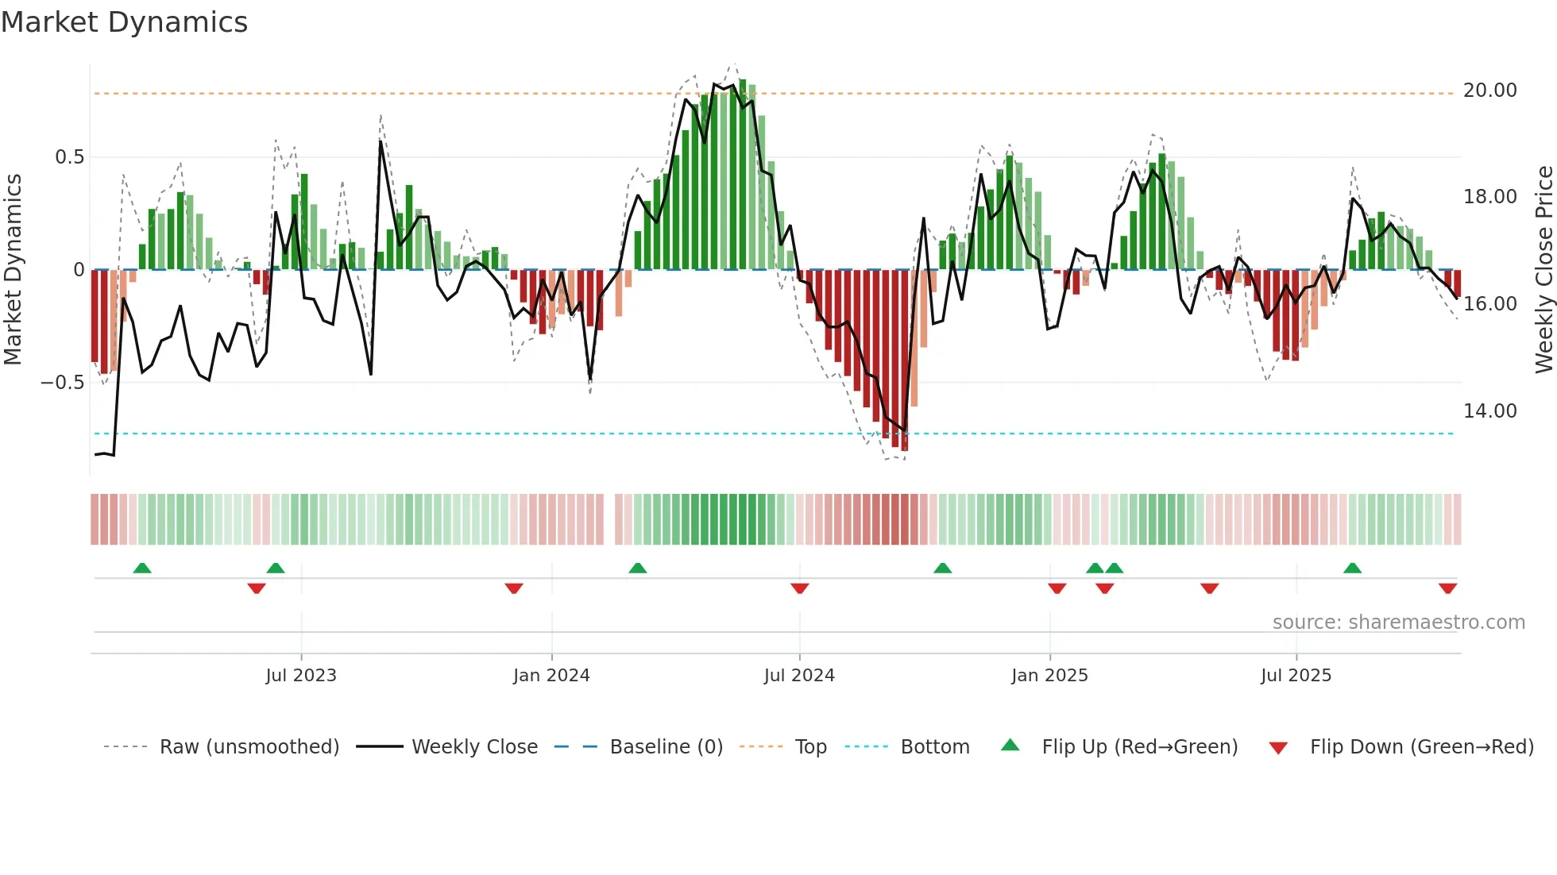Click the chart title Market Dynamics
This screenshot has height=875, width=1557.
pyautogui.click(x=125, y=22)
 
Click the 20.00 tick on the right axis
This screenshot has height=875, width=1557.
pyautogui.click(x=1489, y=91)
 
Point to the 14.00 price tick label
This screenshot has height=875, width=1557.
pyautogui.click(x=1489, y=411)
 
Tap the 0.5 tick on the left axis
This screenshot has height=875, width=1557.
pyautogui.click(x=69, y=157)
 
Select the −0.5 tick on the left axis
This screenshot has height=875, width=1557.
pyautogui.click(x=63, y=383)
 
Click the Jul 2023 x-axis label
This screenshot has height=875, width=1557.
pyautogui.click(x=301, y=676)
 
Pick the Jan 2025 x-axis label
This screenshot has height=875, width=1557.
pyautogui.click(x=1049, y=676)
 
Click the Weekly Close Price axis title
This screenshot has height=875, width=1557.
pyautogui.click(x=1543, y=270)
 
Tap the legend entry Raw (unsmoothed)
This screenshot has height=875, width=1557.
pyautogui.click(x=249, y=747)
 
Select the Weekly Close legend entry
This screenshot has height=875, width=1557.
pyautogui.click(x=474, y=747)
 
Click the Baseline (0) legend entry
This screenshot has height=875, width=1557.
pyautogui.click(x=666, y=747)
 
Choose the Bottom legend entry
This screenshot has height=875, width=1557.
pyautogui.click(x=934, y=747)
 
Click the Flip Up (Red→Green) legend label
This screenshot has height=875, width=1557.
pyautogui.click(x=1139, y=747)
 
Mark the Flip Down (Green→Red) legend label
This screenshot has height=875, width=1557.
pyautogui.click(x=1421, y=747)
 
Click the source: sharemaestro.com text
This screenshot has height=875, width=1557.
pyautogui.click(x=1398, y=623)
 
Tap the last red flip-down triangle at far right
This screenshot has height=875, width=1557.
pyautogui.click(x=1447, y=588)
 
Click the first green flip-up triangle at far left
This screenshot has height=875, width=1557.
pyautogui.click(x=142, y=568)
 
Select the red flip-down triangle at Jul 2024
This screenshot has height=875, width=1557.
pyautogui.click(x=800, y=588)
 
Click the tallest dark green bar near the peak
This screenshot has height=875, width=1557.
pyautogui.click(x=743, y=175)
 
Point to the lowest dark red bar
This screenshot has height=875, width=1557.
pyautogui.click(x=905, y=361)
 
